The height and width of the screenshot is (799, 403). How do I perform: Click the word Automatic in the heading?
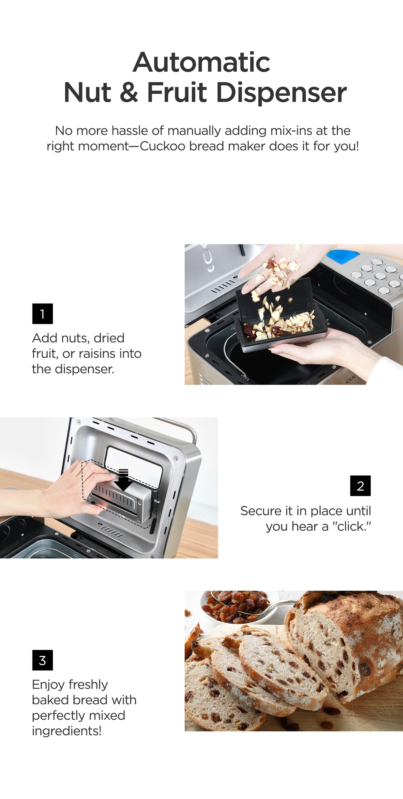201,62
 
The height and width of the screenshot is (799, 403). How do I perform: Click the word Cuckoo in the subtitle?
163,146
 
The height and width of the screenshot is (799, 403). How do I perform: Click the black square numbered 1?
42,314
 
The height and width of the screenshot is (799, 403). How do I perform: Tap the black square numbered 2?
360,486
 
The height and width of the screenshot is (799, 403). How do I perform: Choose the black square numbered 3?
42,660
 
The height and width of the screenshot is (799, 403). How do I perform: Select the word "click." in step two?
351,526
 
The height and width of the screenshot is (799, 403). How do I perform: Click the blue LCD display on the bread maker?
343,257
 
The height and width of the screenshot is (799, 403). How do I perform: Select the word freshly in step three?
88,685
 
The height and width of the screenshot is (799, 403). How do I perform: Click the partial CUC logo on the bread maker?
351,379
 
